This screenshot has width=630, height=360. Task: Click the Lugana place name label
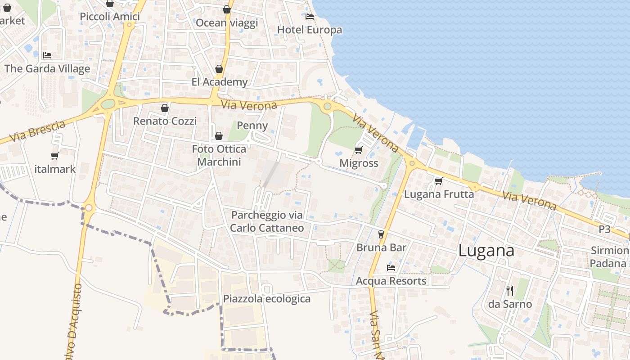[486, 251]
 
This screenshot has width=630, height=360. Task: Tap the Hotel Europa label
[310, 30]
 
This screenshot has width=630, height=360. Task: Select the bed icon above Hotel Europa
[310, 17]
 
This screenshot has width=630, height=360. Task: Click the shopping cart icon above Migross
[359, 150]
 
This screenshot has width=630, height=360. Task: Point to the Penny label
[252, 126]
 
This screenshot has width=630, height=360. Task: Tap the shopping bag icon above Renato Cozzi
[165, 108]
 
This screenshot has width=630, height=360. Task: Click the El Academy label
[220, 82]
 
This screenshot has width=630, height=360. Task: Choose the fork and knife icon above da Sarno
[510, 291]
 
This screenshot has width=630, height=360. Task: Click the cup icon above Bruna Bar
[381, 234]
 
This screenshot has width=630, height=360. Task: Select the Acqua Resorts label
[391, 281]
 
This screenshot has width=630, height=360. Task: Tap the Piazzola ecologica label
[267, 299]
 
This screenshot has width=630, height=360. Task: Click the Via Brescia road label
[37, 132]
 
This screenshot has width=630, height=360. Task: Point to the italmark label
[55, 169]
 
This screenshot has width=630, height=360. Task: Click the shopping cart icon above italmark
[55, 156]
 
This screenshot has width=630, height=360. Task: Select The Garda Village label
[47, 69]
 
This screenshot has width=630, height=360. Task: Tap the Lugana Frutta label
[439, 194]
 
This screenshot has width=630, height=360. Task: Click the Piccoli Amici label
[110, 17]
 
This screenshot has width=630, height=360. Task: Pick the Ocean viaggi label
[227, 23]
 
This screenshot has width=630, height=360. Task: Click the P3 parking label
[604, 229]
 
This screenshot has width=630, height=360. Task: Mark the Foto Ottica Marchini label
[219, 155]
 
